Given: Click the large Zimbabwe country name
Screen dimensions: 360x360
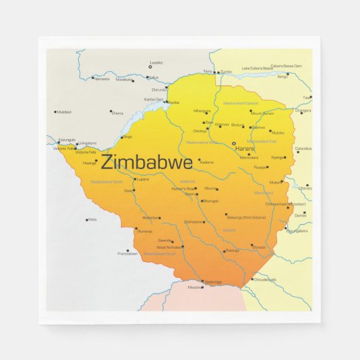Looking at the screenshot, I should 146,162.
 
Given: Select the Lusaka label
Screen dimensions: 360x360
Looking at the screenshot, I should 156,62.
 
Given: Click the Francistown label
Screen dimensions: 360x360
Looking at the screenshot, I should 127,253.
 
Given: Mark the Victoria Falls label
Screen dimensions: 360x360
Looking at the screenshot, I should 65,148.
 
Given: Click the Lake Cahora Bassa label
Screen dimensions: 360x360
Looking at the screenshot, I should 257,68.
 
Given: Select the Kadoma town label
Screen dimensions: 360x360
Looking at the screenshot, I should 206,162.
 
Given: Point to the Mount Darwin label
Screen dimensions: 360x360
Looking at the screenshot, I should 262,113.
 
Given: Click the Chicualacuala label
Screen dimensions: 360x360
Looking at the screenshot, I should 264,279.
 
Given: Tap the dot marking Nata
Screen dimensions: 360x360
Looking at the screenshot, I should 87,219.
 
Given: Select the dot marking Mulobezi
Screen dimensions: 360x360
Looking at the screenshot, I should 55,111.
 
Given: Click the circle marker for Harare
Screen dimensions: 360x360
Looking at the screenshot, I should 233,143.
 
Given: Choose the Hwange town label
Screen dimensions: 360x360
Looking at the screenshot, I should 90,164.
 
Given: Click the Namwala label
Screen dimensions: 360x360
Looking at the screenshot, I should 101,79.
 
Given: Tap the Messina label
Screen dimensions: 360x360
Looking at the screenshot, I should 194,287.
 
